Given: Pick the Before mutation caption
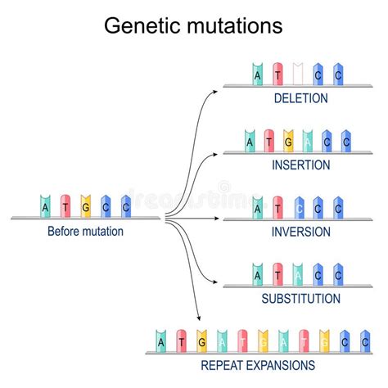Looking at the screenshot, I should (x=86, y=232).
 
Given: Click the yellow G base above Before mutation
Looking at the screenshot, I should (x=85, y=207).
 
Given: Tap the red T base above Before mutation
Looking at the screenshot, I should (x=65, y=207).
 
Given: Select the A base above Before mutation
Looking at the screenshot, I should (x=46, y=207).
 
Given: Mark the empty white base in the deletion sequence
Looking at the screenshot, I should (x=297, y=74).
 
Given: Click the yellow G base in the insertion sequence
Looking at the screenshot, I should (x=288, y=141).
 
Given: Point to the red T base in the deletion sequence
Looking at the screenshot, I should (x=277, y=74).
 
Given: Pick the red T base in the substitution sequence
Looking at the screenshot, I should (x=277, y=274).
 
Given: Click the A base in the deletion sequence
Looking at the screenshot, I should (x=258, y=74).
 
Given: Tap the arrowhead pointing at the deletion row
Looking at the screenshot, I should (x=216, y=86).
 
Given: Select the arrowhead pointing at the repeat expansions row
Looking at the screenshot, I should (x=199, y=318).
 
